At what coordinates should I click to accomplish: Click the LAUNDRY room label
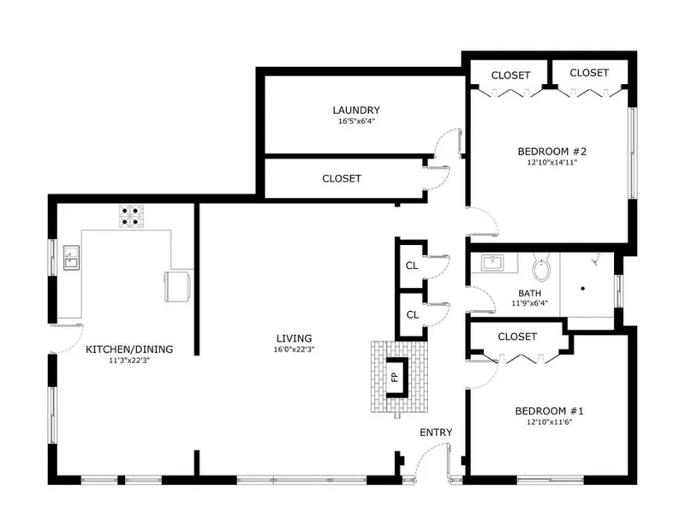(x=356, y=111)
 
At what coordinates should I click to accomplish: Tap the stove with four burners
(x=131, y=217)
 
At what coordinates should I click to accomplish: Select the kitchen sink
(x=72, y=258)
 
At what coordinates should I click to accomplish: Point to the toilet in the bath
(x=541, y=268)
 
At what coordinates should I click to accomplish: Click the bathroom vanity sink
(x=492, y=263)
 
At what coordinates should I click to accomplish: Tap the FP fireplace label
(x=396, y=377)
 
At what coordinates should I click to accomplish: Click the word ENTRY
(x=436, y=433)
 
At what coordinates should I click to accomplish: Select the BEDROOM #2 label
(x=552, y=152)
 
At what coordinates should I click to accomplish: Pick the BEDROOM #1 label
(x=549, y=411)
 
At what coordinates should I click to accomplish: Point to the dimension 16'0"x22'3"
(x=294, y=350)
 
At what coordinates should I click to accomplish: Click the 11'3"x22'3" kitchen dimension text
(x=129, y=361)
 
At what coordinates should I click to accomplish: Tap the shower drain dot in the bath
(x=583, y=289)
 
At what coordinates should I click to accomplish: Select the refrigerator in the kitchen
(x=177, y=286)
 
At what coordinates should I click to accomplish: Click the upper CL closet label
(x=412, y=266)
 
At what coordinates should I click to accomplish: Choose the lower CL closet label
(x=413, y=314)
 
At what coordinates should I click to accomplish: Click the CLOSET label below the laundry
(x=342, y=179)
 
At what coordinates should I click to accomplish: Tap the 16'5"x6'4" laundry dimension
(x=356, y=121)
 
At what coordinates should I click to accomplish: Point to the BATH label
(x=529, y=293)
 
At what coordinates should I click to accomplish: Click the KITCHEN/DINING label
(x=129, y=350)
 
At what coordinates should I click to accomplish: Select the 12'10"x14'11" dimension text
(x=552, y=163)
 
